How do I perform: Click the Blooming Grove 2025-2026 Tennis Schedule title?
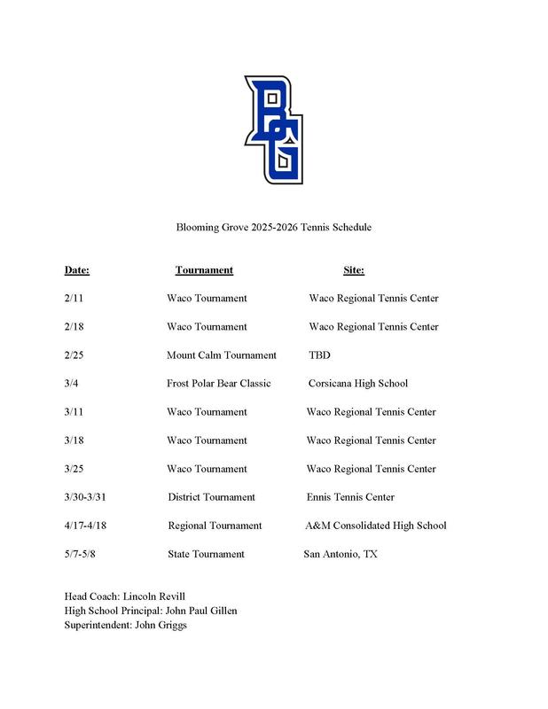point(273,228)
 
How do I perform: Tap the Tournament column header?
point(204,270)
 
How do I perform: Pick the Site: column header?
point(354,270)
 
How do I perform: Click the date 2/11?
point(74,299)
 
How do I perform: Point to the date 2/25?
point(74,355)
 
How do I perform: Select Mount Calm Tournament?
point(222,355)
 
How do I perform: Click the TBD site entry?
point(318,355)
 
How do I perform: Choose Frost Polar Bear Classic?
point(218,384)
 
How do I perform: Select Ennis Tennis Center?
point(350,497)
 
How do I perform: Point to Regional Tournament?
point(215,526)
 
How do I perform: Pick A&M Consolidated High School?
point(376,526)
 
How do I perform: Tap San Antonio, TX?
point(341,554)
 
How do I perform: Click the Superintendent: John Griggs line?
point(126,625)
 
